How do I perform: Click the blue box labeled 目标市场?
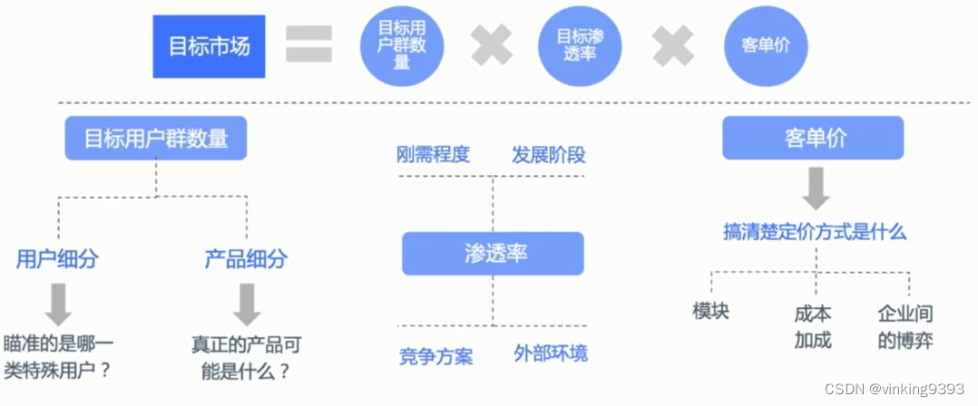pyautogui.click(x=209, y=46)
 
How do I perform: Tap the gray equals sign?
pyautogui.click(x=308, y=43)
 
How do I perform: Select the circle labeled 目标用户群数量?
pyautogui.click(x=402, y=45)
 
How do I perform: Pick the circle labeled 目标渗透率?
pyautogui.click(x=581, y=45)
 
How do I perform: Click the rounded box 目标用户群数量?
pyautogui.click(x=156, y=140)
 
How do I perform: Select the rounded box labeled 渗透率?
pyautogui.click(x=493, y=254)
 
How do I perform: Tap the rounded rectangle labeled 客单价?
pyautogui.click(x=813, y=138)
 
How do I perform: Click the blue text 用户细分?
pyautogui.click(x=57, y=259)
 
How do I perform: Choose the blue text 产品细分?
pyautogui.click(x=246, y=259)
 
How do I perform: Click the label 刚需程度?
pyautogui.click(x=434, y=154)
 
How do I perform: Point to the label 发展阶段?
pyautogui.click(x=549, y=154)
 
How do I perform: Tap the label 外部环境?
pyautogui.click(x=551, y=353)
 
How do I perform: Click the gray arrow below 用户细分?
pyautogui.click(x=57, y=304)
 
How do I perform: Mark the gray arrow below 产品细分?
pyautogui.click(x=246, y=304)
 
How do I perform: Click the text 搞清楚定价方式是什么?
pyautogui.click(x=815, y=232)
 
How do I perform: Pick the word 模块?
pyautogui.click(x=710, y=311)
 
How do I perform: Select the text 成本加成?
pyautogui.click(x=813, y=327)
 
